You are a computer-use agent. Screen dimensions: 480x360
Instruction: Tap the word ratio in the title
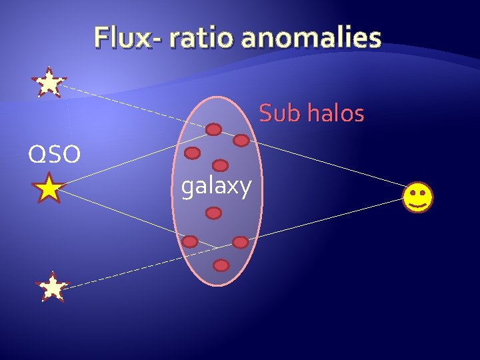(x=203, y=38)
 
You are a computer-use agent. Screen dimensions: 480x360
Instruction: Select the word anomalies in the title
(x=311, y=38)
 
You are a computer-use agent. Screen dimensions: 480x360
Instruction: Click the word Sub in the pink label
(x=277, y=114)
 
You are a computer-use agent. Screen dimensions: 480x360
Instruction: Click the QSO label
(x=54, y=155)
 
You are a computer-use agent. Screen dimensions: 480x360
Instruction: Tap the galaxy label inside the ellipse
(x=217, y=187)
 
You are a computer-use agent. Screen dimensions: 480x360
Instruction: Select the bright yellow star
(x=49, y=189)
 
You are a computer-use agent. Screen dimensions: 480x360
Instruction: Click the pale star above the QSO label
(x=49, y=83)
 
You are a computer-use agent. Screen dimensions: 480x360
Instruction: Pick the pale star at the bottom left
(x=53, y=287)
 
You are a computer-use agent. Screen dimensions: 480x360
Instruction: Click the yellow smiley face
(x=417, y=198)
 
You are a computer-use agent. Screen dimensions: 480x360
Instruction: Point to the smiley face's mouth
(x=417, y=205)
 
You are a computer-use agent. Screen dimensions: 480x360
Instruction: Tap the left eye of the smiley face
(x=412, y=193)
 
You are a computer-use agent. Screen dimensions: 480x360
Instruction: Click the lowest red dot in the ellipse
(x=221, y=265)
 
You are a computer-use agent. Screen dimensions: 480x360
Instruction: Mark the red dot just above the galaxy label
(x=220, y=165)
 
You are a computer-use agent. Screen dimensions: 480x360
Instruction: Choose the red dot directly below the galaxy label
(x=213, y=213)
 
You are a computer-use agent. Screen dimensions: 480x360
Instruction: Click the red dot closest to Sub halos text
(x=241, y=141)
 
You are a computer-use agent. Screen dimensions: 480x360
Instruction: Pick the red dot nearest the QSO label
(x=192, y=153)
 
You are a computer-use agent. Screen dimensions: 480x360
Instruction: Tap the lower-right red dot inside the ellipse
(x=240, y=241)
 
